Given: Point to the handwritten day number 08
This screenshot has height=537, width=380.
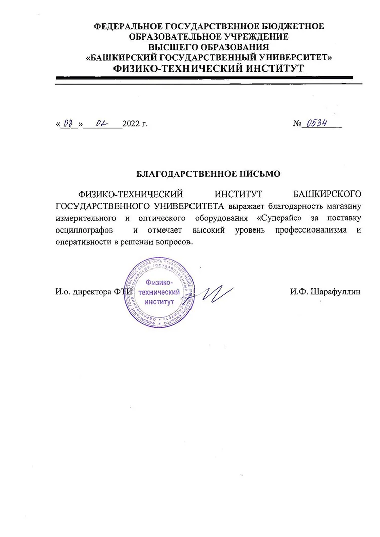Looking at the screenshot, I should click(68, 123).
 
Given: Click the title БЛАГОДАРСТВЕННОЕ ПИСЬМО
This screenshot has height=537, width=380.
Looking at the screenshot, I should click(208, 174).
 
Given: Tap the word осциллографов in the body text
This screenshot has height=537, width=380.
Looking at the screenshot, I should click(83, 231).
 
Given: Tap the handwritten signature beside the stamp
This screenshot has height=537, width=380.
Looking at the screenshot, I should click(215, 293).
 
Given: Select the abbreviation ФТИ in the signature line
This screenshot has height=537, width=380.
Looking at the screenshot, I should click(124, 292).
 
